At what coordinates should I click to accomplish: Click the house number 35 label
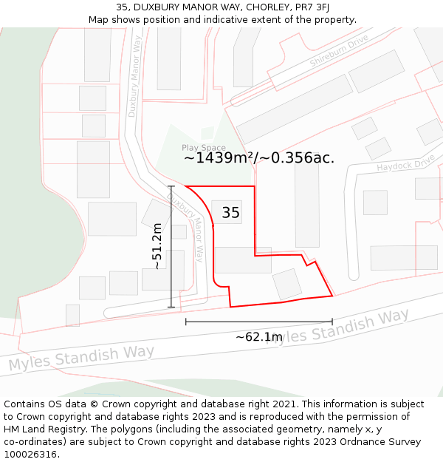[230, 213]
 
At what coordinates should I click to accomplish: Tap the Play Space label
[204, 148]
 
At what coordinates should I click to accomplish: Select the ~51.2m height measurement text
[157, 247]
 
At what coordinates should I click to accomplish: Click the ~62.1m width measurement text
[258, 337]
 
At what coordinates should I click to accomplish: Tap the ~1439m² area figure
[219, 157]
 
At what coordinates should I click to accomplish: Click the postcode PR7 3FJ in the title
[309, 7]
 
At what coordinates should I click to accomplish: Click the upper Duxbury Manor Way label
[134, 78]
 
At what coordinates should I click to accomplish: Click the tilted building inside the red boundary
[287, 284]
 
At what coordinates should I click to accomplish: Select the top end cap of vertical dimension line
[171, 186]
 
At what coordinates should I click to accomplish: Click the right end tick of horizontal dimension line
[332, 322]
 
